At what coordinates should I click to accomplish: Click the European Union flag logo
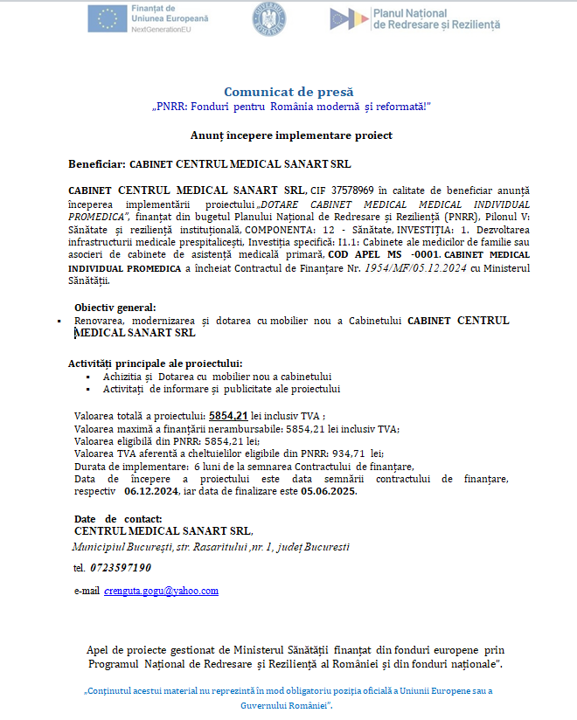[107, 18]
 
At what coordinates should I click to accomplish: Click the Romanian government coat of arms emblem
[269, 18]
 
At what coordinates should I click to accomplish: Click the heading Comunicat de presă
[289, 92]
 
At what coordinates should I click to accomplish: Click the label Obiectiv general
[115, 308]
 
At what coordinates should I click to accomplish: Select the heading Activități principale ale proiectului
[155, 363]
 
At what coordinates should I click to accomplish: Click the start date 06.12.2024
[154, 491]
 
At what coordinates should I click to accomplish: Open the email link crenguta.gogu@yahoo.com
[161, 591]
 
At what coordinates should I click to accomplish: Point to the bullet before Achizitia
[88, 377]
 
